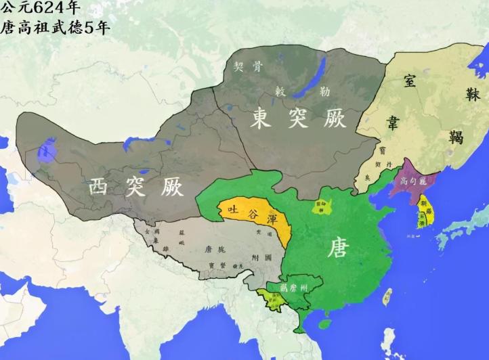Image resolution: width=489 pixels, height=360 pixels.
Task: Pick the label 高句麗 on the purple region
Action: click(x=413, y=181)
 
